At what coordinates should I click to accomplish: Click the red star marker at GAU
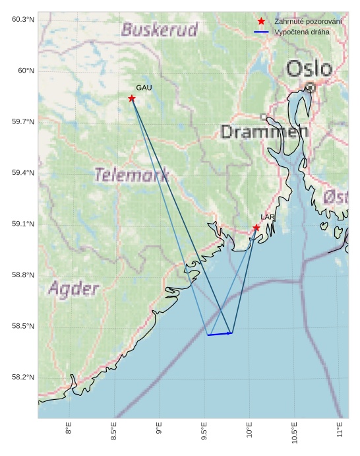click(x=132, y=98)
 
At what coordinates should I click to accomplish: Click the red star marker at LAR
click(x=256, y=228)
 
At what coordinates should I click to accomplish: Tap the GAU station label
click(x=144, y=87)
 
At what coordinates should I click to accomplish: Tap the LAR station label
click(x=267, y=217)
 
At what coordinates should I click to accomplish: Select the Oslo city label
click(x=309, y=68)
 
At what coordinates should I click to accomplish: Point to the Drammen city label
click(x=264, y=131)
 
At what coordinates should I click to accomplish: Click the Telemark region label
click(x=131, y=175)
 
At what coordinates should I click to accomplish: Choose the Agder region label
click(x=74, y=288)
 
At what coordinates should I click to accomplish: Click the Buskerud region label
click(x=160, y=30)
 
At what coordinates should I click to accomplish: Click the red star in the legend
click(x=262, y=22)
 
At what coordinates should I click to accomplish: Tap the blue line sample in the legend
click(x=262, y=32)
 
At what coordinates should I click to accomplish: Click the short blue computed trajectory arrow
click(x=220, y=334)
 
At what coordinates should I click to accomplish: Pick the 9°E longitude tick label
click(x=159, y=430)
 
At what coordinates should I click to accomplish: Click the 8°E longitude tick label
click(x=69, y=430)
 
